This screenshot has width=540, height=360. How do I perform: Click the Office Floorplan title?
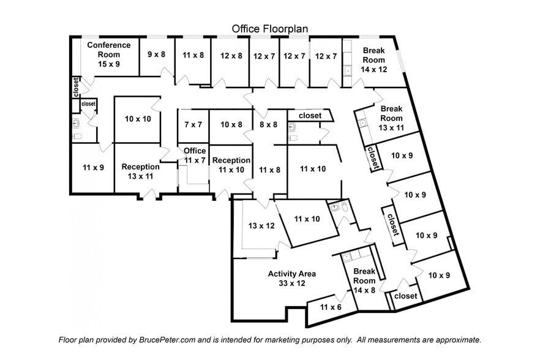(x=269, y=29)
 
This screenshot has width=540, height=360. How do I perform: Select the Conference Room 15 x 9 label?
(x=108, y=54)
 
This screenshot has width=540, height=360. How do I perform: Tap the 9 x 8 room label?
(x=157, y=54)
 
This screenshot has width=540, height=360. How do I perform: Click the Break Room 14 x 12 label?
(x=373, y=60)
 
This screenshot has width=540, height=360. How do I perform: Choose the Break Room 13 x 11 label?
(x=392, y=118)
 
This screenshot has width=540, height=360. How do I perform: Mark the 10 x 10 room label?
(x=138, y=119)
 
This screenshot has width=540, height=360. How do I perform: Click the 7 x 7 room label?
(x=193, y=124)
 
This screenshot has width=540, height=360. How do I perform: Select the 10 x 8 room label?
(x=231, y=124)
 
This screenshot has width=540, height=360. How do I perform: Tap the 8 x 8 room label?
(x=268, y=124)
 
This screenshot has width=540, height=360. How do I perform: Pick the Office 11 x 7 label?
(x=195, y=156)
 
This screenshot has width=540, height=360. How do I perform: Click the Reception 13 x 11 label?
(x=140, y=171)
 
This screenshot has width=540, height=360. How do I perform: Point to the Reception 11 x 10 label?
(x=230, y=165)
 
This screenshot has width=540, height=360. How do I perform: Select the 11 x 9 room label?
(x=94, y=166)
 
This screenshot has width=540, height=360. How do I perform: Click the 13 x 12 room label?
(x=260, y=226)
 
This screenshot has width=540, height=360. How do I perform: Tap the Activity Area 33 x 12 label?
(x=291, y=279)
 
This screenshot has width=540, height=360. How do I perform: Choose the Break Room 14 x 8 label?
(x=364, y=281)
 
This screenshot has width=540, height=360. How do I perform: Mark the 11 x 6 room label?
(x=330, y=307)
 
